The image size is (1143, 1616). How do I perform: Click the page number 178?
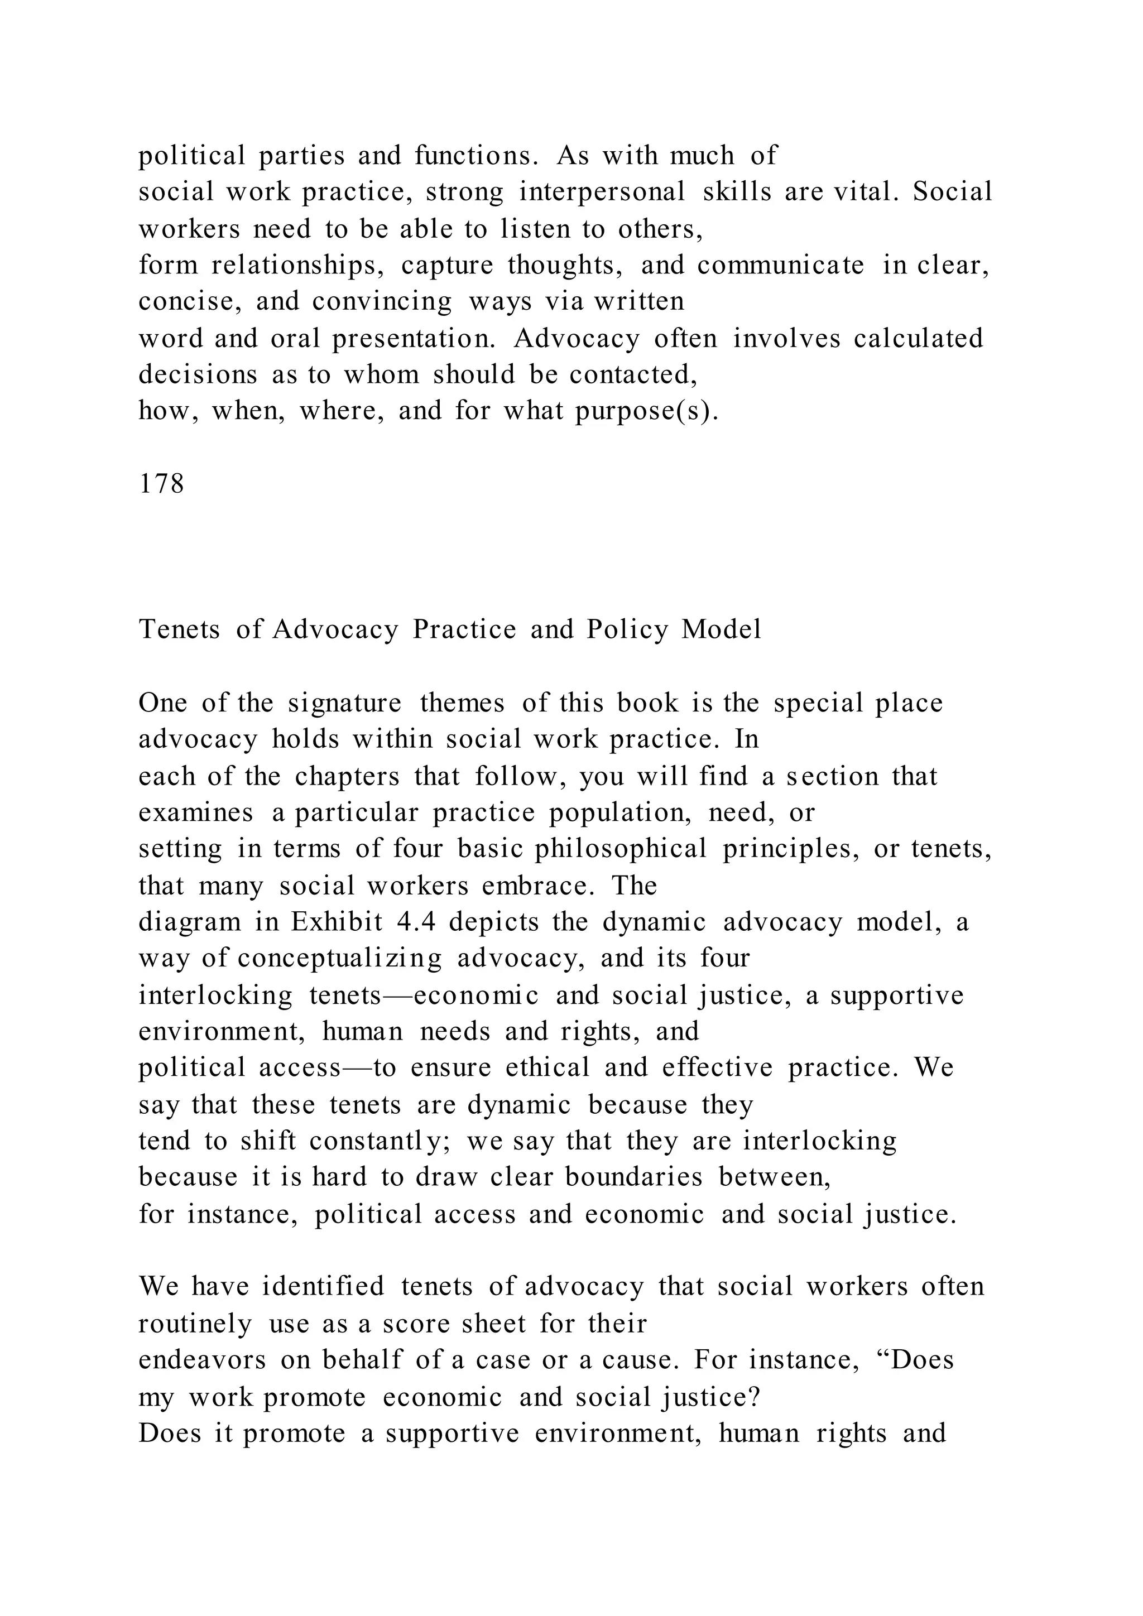pos(161,484)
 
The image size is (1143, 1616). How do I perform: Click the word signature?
pos(345,703)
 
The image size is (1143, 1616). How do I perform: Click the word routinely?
pos(195,1325)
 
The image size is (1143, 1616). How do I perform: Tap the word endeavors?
pos(202,1360)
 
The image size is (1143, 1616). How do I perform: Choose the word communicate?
pos(781,266)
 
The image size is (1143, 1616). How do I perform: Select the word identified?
pos(323,1287)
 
